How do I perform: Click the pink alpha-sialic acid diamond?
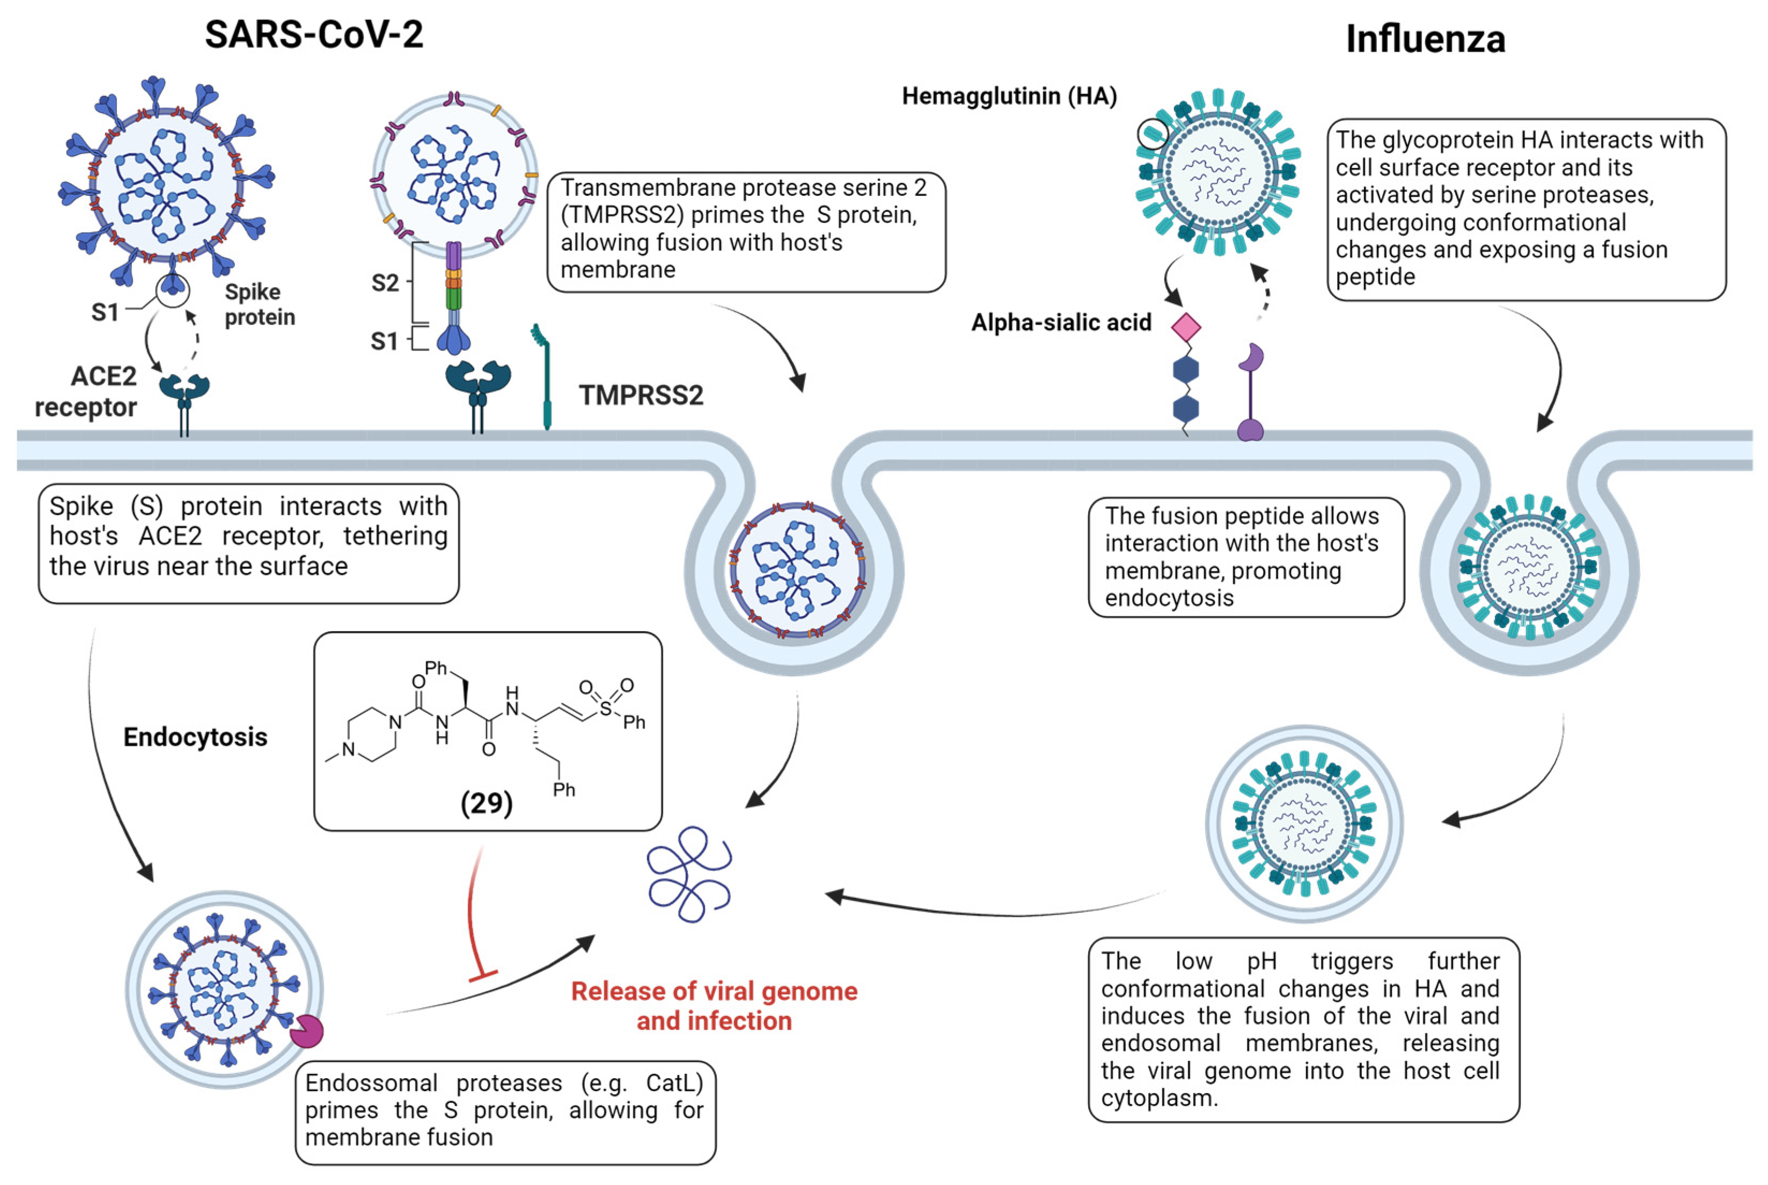coord(1185,327)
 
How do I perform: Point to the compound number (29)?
coord(487,802)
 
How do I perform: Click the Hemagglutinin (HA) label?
coord(1009,97)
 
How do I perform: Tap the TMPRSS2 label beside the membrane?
coord(641,394)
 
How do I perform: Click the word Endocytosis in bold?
coord(195,737)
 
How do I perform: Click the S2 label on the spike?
coord(385,283)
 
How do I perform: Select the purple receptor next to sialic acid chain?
coord(1250,393)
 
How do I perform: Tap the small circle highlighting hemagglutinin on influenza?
coord(1152,135)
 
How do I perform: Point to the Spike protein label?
coord(259,304)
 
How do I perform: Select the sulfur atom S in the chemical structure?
coord(605,708)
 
